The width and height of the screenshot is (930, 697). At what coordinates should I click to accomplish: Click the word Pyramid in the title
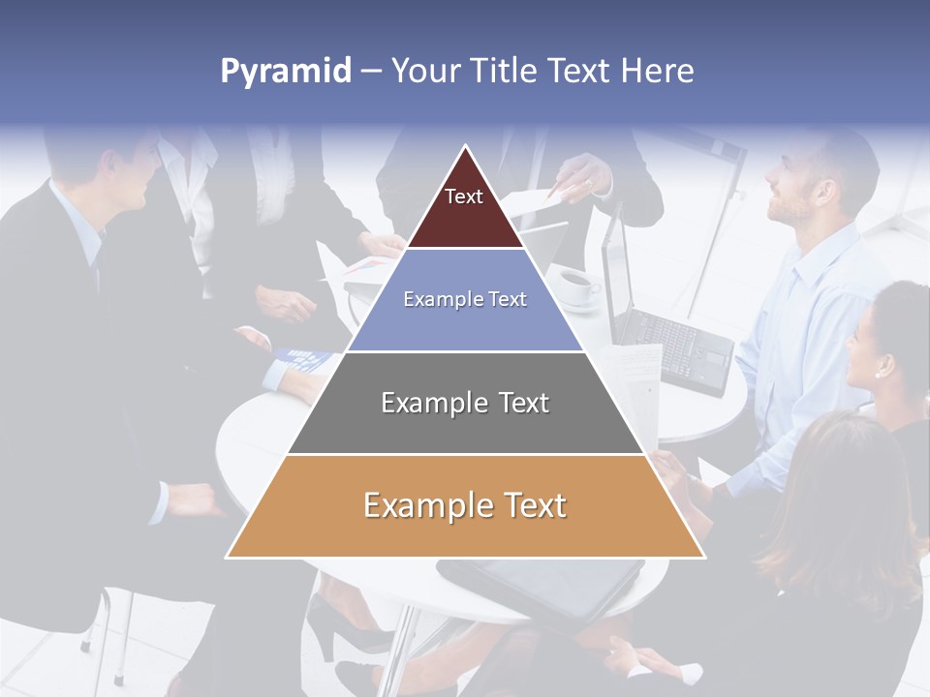click(x=285, y=72)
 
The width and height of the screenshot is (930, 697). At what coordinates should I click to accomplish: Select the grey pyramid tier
click(x=465, y=426)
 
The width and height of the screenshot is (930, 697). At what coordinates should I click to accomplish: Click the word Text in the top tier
click(x=464, y=197)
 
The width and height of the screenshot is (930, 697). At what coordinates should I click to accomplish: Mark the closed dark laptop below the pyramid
click(x=542, y=586)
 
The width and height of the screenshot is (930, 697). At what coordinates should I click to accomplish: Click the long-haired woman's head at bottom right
click(x=843, y=484)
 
